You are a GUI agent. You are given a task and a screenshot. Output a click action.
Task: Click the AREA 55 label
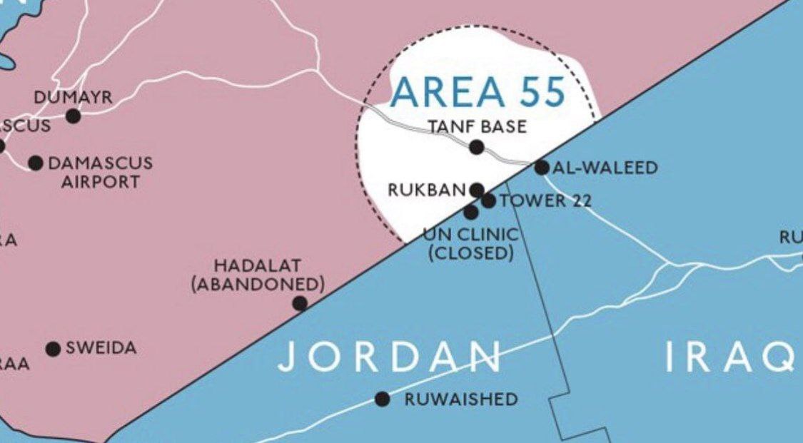[x=478, y=91]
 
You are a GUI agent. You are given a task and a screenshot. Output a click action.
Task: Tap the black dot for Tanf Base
[x=477, y=148]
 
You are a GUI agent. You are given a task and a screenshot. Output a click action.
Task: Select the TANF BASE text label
[x=478, y=127]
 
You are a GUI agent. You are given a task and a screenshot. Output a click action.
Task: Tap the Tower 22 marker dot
[x=488, y=201]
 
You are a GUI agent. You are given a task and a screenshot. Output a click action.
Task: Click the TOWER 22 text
[x=545, y=200]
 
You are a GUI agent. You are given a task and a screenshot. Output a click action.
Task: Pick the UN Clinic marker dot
[x=471, y=212]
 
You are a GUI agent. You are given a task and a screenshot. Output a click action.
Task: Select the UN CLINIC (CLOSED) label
[x=471, y=243]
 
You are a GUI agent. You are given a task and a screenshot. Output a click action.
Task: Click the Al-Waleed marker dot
[x=542, y=168]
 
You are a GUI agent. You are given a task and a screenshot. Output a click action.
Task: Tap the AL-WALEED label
[x=605, y=168]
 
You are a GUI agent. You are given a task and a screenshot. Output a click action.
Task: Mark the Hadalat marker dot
[x=301, y=304]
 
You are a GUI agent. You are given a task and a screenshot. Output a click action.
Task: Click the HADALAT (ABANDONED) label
[x=258, y=275]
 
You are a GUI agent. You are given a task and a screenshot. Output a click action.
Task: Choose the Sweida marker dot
[x=53, y=349]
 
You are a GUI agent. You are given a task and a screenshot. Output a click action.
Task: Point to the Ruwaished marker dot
[x=383, y=399]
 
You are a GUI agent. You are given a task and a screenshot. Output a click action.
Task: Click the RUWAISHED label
[x=461, y=399]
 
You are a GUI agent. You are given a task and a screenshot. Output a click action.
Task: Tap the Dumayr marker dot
[x=73, y=116]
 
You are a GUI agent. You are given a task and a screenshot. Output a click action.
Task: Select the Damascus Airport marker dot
[x=35, y=163]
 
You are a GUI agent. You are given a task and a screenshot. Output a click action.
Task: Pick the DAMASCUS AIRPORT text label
[x=100, y=173]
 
